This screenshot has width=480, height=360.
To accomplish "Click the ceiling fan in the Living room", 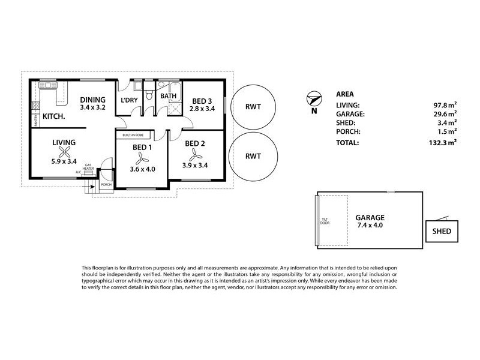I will tap(64, 154).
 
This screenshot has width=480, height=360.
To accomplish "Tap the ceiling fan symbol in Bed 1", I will tap(142, 158).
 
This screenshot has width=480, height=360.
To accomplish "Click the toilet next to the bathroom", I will tap(151, 95).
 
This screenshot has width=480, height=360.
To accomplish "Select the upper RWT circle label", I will tap(253, 106).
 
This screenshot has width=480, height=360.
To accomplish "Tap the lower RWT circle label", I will tap(253, 156).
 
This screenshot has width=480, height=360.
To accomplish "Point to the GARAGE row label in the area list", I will tap(350, 113).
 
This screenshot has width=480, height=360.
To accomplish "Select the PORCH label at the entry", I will tap(106, 185).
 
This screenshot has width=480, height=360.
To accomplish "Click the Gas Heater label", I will tap(88, 166).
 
